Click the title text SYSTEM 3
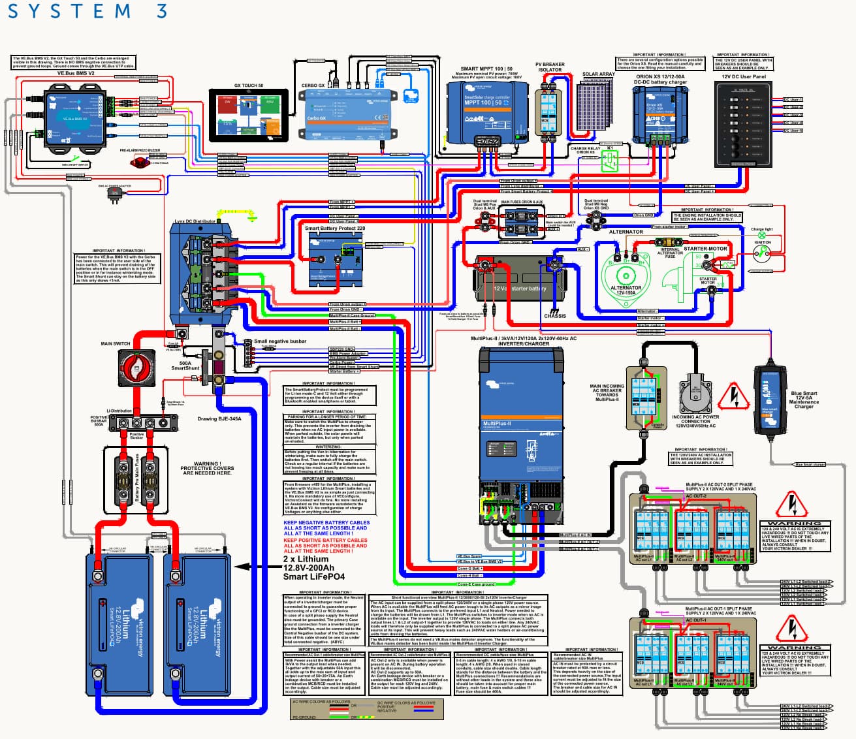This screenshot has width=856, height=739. click(x=87, y=11)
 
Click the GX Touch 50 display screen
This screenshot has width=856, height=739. click(x=248, y=116)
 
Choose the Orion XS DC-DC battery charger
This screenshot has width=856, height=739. click(x=659, y=114)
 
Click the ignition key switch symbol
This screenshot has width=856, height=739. click(x=761, y=255)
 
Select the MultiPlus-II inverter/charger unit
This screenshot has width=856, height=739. click(x=521, y=431)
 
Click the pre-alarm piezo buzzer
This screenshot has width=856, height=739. click(x=140, y=162)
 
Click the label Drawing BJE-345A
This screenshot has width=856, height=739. click(x=219, y=419)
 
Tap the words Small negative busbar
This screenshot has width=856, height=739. click(x=280, y=341)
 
